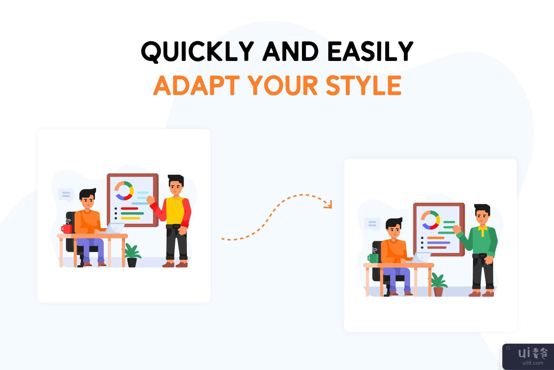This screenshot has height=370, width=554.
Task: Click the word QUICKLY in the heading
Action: pos(197,52)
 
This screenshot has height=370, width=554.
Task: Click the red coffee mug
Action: pos(67,229)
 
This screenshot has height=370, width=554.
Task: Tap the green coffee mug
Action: pos(373,258)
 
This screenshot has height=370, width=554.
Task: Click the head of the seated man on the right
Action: pos(394,229)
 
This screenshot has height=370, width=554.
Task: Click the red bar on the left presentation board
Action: pos(130,208)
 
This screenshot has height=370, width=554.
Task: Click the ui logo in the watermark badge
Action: pos(524,353)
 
